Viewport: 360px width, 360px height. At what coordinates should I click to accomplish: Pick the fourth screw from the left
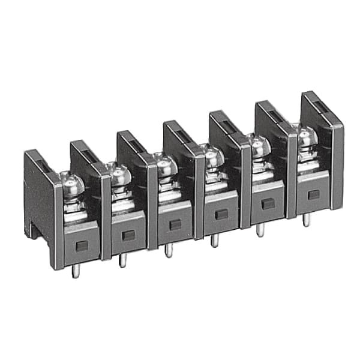pos(213,154)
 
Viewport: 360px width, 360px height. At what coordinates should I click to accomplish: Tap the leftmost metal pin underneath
pos(75,271)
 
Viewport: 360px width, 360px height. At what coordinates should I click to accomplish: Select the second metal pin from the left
pos(122,259)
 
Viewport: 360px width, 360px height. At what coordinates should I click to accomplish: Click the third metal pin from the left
pos(169,250)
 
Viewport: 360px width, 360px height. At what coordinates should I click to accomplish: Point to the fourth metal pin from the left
pos(214,240)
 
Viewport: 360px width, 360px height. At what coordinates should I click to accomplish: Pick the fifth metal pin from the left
pos(260,229)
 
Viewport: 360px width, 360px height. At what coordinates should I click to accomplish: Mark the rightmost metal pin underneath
pos(306,220)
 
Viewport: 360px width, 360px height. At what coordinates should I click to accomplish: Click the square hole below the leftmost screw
pos(82,245)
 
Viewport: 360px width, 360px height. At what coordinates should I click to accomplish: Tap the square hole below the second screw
pos(128,235)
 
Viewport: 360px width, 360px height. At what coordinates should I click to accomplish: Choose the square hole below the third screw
pos(175,225)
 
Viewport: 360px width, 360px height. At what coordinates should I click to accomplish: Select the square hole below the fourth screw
pos(221,214)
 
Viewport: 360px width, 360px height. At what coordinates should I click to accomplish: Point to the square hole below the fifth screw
pos(268,204)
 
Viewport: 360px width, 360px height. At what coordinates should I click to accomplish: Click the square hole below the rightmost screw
pos(313,194)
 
